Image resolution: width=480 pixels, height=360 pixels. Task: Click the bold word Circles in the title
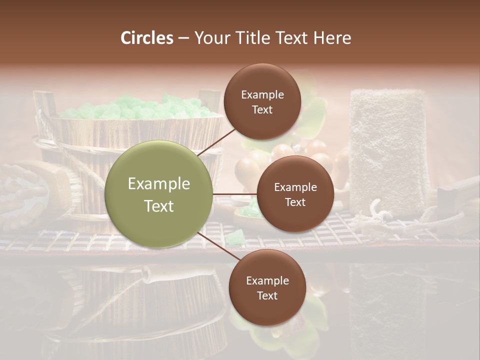pos(147,38)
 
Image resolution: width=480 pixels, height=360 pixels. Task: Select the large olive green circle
pos(158,194)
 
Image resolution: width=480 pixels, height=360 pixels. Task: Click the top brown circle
pos(262,101)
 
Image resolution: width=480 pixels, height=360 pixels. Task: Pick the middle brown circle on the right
pos(295,194)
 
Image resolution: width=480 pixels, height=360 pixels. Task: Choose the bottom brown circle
pos(267,287)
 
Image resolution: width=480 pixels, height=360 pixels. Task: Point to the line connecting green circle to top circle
pos(217,142)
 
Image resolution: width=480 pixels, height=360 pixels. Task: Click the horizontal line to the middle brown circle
pos(234,194)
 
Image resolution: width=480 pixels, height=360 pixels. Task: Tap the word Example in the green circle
pos(158,184)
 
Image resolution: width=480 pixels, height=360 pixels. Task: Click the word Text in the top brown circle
pos(262,109)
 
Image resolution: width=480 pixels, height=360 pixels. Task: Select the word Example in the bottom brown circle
pos(267,280)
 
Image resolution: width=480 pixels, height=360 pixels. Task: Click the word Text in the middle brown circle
pos(295,202)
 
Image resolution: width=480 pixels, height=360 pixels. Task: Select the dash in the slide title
pos(183,38)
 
